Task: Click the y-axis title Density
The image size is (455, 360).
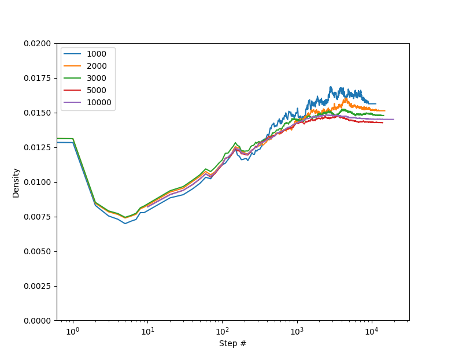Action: (x=16, y=183)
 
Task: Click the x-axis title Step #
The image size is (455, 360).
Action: (x=232, y=344)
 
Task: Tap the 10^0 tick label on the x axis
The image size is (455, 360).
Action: (x=73, y=331)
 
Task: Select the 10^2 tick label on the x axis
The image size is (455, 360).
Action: (x=222, y=331)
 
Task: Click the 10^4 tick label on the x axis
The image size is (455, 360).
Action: (x=372, y=331)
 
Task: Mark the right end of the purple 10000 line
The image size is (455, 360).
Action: (x=394, y=120)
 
